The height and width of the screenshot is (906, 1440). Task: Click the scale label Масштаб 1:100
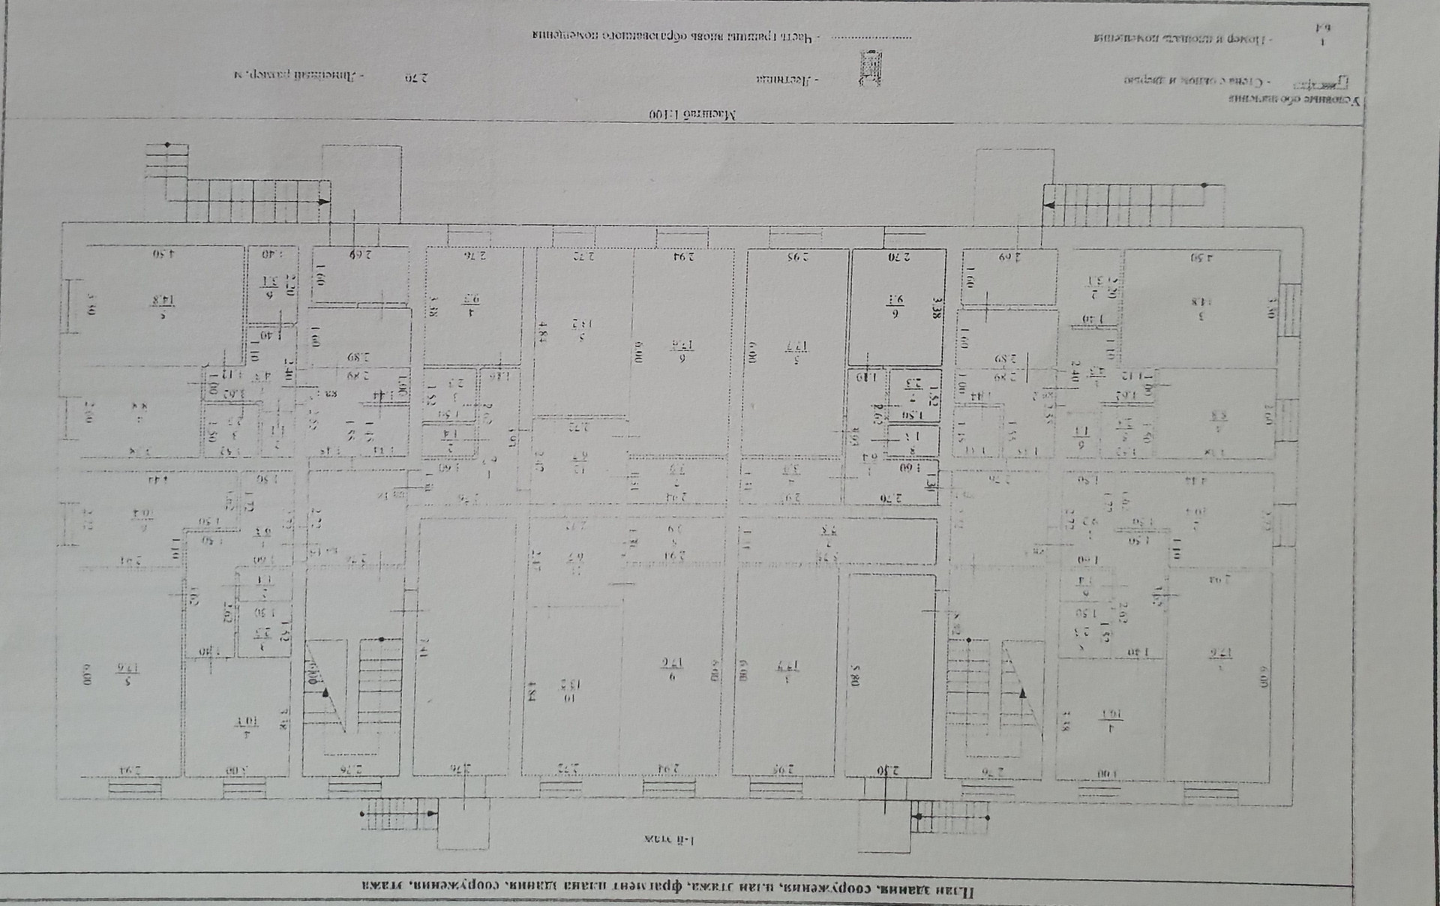(x=691, y=115)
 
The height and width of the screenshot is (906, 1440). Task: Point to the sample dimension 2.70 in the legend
(x=415, y=76)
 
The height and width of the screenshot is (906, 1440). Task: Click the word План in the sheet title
(x=962, y=891)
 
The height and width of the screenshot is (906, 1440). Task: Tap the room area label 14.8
(x=157, y=301)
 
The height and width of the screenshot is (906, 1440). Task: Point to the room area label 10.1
(x=243, y=721)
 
